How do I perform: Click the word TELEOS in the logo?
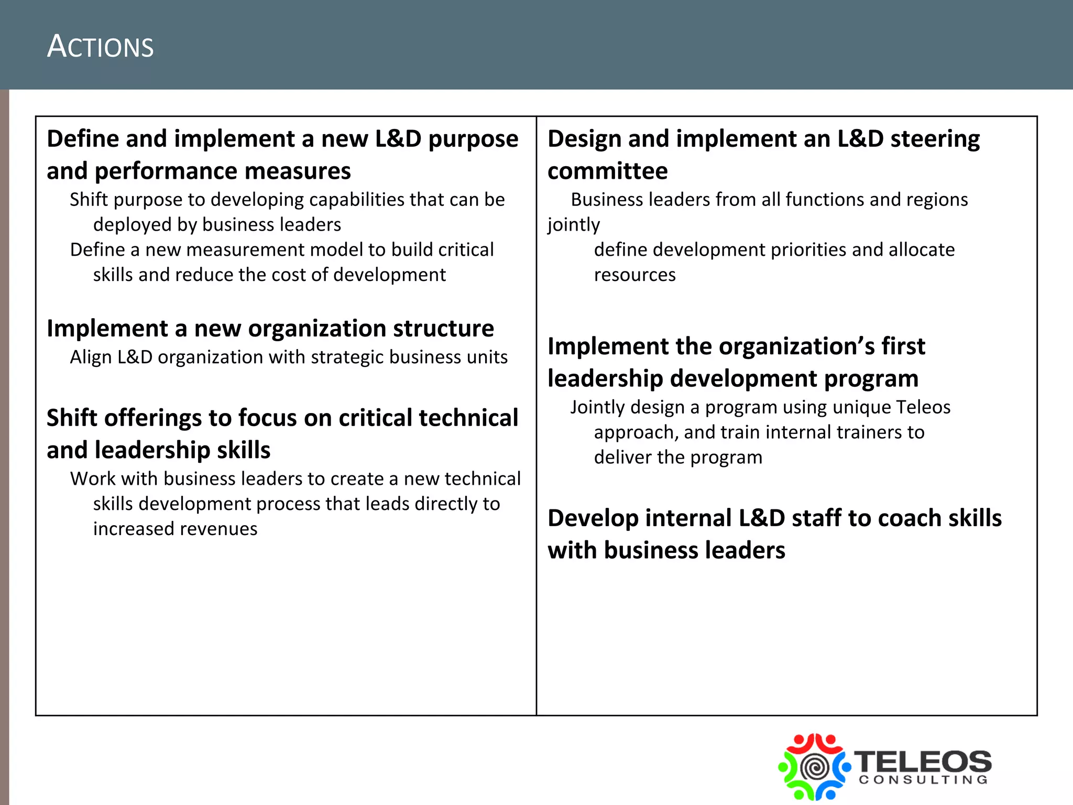point(923,761)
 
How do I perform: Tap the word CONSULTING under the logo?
point(923,780)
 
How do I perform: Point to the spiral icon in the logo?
point(814,768)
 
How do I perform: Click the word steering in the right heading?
point(935,139)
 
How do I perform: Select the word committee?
point(607,171)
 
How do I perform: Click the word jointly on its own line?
point(574,225)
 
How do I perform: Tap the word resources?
point(634,275)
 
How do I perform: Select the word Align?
point(91,357)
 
